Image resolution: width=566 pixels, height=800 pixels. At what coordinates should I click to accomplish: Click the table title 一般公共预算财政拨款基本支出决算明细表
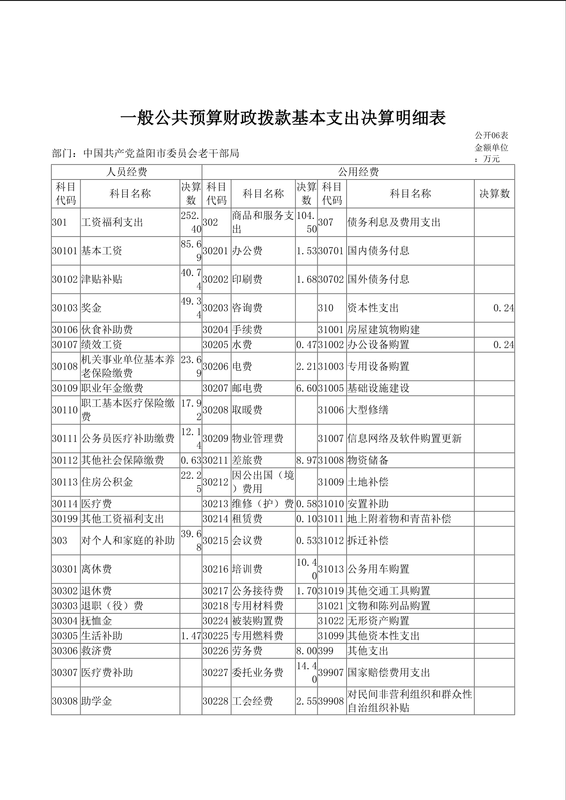[x=283, y=119]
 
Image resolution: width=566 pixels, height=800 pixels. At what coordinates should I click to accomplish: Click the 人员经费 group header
[x=126, y=172]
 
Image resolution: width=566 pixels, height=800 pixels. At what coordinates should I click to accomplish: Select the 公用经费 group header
[x=358, y=172]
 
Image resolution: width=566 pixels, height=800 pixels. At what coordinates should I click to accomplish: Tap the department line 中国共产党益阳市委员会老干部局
[x=145, y=153]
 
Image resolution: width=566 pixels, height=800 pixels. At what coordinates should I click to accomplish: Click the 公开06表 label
[x=491, y=136]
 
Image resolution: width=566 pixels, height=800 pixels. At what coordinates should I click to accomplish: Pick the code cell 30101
[x=65, y=251]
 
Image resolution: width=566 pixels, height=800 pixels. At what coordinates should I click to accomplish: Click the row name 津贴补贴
[x=102, y=279]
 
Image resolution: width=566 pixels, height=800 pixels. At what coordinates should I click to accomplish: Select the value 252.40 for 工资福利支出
[x=191, y=222]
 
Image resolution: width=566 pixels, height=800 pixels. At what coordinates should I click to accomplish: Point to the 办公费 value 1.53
[x=307, y=251]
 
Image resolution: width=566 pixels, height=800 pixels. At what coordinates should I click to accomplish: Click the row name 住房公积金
[x=107, y=482]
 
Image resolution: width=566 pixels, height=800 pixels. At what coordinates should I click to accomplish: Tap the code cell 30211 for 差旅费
[x=216, y=460]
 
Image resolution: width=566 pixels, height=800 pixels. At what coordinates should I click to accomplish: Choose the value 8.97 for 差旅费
[x=307, y=460]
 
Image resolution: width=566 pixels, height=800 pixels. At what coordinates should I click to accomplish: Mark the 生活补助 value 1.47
[x=191, y=636]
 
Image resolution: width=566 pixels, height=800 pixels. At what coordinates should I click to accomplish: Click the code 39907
[x=331, y=673]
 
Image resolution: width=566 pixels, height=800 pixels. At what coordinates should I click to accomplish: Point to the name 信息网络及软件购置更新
[x=405, y=439]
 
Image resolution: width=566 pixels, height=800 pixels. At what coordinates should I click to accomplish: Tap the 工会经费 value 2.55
[x=307, y=701]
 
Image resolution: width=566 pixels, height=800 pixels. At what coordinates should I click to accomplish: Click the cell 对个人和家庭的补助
[x=128, y=541]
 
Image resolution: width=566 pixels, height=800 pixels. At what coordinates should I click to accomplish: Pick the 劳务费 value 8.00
[x=307, y=651]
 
